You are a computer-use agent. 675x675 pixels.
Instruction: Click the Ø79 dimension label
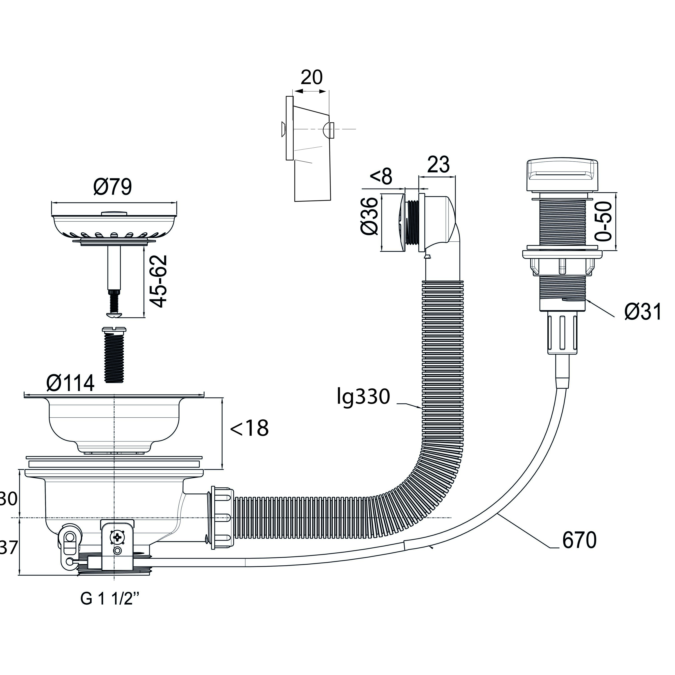point(112,187)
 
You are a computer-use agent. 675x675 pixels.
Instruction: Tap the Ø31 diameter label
point(643,312)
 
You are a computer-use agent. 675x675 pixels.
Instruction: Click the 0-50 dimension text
point(604,221)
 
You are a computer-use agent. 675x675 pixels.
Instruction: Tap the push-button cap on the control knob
point(562,175)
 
